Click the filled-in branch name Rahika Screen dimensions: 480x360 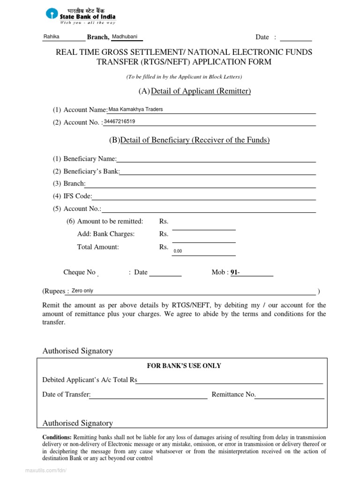click(51, 37)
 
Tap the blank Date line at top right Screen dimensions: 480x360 click(295, 37)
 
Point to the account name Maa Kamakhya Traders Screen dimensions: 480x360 click(135, 109)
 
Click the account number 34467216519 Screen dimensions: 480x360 click(120, 121)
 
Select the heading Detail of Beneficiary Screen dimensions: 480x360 click(195, 140)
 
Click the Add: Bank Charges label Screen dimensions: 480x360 click(106, 234)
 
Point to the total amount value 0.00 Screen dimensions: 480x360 click(178, 251)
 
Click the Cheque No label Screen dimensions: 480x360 click(79, 272)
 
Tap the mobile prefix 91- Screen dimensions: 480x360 click(235, 272)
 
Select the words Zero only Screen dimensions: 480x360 click(82, 291)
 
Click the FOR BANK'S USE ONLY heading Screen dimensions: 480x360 click(184, 366)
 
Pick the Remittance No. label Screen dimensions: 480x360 click(233, 395)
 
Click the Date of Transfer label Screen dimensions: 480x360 click(66, 395)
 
